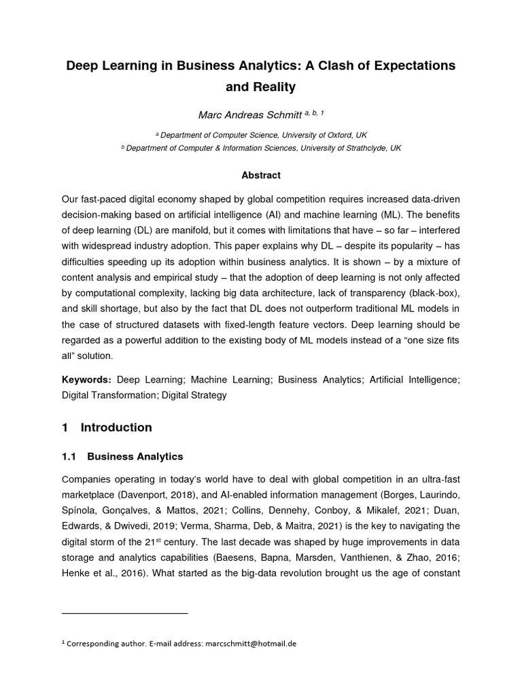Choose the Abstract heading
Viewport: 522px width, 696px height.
pyautogui.click(x=261, y=175)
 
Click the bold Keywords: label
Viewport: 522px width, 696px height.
pyautogui.click(x=86, y=380)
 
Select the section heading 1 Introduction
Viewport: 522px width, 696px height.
pyautogui.click(x=107, y=428)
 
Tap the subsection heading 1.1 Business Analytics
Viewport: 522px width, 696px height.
pyautogui.click(x=122, y=457)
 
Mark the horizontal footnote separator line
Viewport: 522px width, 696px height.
pyautogui.click(x=124, y=614)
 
